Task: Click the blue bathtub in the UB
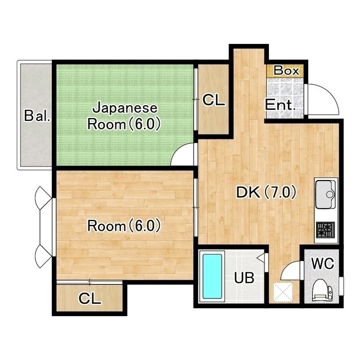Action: click(x=213, y=276)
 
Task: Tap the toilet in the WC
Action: click(x=322, y=290)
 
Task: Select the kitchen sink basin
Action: click(x=326, y=194)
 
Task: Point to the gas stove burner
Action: click(x=325, y=229)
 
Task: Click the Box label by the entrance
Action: click(x=286, y=70)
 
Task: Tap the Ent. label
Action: click(x=280, y=105)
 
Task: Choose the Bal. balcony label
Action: click(x=37, y=115)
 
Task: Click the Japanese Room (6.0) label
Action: click(x=124, y=116)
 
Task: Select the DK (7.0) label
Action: click(x=266, y=192)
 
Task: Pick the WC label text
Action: click(x=322, y=263)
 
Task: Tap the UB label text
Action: click(x=244, y=277)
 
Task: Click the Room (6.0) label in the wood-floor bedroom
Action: click(x=124, y=226)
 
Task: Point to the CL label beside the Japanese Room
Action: click(x=214, y=100)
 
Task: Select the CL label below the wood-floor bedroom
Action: click(x=90, y=299)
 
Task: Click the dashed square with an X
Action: click(x=283, y=292)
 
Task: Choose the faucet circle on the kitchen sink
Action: click(x=330, y=195)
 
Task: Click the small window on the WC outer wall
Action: click(x=341, y=286)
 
